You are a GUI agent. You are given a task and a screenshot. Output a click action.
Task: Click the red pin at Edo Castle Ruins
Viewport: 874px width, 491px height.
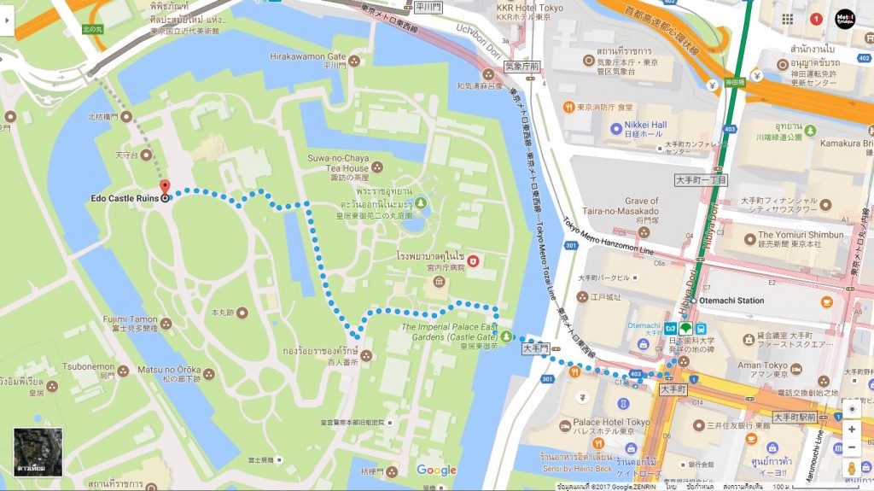click(165, 189)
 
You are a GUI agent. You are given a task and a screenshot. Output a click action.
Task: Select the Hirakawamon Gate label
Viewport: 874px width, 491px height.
click(307, 56)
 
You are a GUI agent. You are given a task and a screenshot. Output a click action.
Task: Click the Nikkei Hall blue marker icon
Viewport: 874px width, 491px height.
click(616, 129)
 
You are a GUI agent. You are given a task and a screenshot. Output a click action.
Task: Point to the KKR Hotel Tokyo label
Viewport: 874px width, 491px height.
click(529, 8)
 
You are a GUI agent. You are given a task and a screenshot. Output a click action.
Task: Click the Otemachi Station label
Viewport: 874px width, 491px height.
click(731, 301)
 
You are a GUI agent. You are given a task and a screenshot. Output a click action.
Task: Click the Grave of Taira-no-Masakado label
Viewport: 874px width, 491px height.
click(629, 206)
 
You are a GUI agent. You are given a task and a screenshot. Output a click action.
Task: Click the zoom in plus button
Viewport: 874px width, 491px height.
click(851, 430)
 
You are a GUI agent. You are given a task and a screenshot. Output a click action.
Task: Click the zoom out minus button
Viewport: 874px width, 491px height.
click(851, 447)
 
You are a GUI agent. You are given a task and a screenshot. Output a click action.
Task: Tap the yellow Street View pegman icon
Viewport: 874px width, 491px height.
click(851, 469)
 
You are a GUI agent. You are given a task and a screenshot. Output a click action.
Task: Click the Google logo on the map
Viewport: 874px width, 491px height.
click(436, 470)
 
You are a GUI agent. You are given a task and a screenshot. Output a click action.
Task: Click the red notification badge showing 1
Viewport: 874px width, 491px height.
click(816, 19)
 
